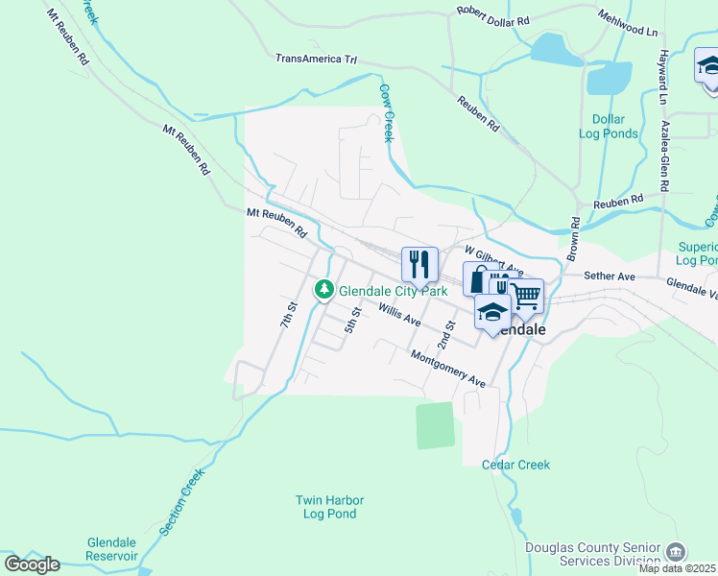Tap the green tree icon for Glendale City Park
[x=324, y=289]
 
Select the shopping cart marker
[x=526, y=295]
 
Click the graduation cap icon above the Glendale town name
[x=492, y=312]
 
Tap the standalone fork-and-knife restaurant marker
[x=419, y=263]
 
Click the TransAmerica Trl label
[x=316, y=59]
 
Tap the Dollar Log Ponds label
[x=609, y=127]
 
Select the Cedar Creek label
[x=515, y=465]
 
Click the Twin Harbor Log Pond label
[x=326, y=507]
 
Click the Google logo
[x=32, y=564]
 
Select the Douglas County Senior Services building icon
[x=676, y=552]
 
